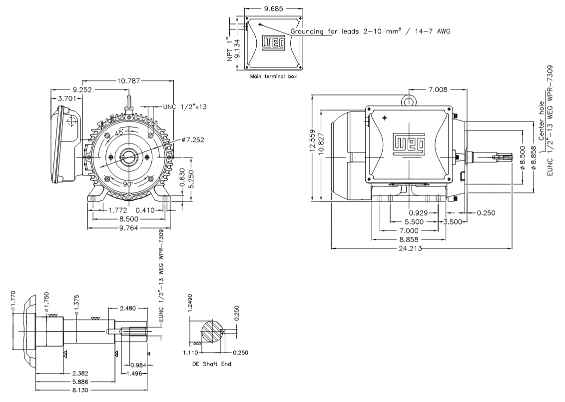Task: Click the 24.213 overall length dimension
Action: click(x=421, y=248)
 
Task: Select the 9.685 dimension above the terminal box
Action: click(x=273, y=9)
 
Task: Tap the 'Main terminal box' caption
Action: click(x=274, y=77)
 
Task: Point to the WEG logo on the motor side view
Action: click(x=409, y=144)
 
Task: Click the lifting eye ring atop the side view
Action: click(x=409, y=101)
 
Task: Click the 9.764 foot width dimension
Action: click(x=129, y=227)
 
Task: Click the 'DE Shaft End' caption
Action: click(x=211, y=364)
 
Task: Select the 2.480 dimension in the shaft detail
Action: click(x=127, y=308)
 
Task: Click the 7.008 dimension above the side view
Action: click(x=437, y=90)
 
